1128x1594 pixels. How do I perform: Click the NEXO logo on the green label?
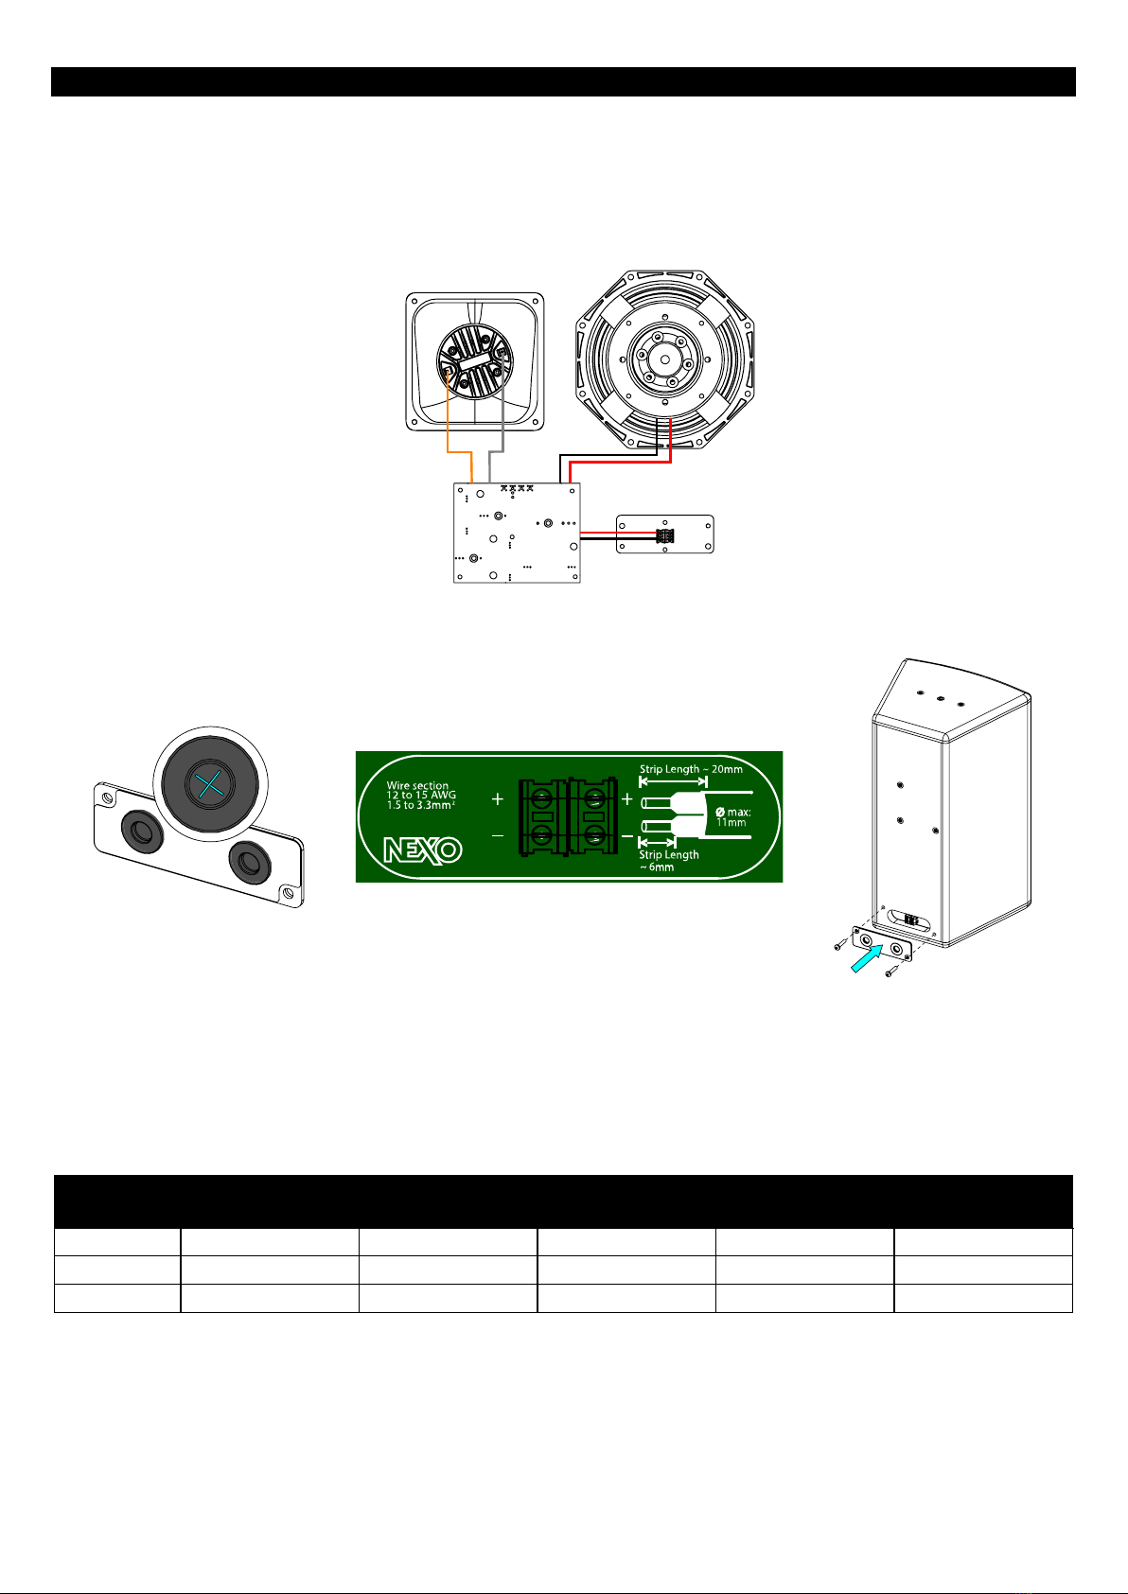click(x=423, y=850)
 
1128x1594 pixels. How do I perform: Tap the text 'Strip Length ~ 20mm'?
click(x=690, y=769)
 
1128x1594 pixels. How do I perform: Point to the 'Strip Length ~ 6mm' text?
click(x=668, y=860)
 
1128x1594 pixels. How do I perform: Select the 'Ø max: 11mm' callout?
click(x=733, y=817)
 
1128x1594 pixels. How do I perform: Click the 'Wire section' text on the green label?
click(x=417, y=785)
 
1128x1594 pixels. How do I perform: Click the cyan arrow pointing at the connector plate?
click(x=867, y=958)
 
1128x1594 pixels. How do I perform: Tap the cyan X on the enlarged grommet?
click(x=210, y=784)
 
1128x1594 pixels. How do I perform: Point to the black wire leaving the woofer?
click(x=605, y=455)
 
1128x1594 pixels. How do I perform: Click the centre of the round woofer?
click(x=664, y=359)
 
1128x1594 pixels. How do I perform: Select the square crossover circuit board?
click(x=517, y=533)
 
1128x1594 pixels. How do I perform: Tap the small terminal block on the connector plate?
click(x=664, y=535)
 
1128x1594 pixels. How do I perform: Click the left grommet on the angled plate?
click(x=142, y=832)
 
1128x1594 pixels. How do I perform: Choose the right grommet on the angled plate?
click(x=250, y=863)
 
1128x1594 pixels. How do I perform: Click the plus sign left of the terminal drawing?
click(x=498, y=799)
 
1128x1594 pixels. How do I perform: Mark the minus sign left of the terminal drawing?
click(x=498, y=835)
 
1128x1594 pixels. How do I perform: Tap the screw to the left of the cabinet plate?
click(x=840, y=945)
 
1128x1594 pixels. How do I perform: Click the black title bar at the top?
click(x=563, y=82)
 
